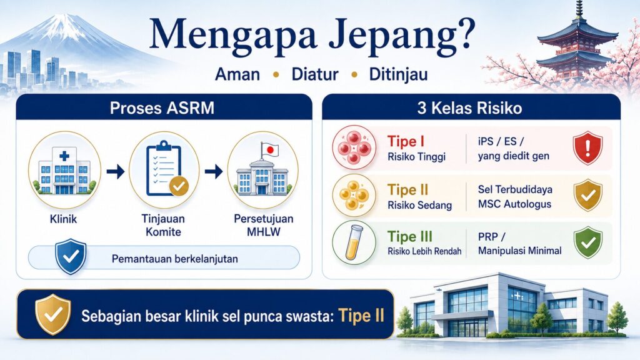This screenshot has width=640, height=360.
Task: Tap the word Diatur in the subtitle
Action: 315,74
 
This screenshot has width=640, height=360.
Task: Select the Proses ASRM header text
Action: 162,108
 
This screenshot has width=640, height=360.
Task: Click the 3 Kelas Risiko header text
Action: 469,108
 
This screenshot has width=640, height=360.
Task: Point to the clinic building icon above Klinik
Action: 64,169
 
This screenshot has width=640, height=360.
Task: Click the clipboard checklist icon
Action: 165,169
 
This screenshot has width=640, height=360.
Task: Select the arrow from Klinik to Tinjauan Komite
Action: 116,171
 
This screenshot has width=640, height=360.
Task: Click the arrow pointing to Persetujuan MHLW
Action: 214,171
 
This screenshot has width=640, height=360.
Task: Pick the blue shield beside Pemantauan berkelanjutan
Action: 71,256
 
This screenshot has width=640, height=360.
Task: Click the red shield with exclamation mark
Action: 587,147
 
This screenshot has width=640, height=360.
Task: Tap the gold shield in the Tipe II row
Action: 587,195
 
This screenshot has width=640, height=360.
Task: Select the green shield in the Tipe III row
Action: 587,242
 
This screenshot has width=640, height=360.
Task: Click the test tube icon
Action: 354,243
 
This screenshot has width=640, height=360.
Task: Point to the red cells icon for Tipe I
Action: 354,147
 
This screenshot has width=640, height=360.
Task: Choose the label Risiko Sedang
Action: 419,205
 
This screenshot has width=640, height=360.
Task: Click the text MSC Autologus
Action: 515,204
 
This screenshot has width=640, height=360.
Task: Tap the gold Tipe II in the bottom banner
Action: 361,316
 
